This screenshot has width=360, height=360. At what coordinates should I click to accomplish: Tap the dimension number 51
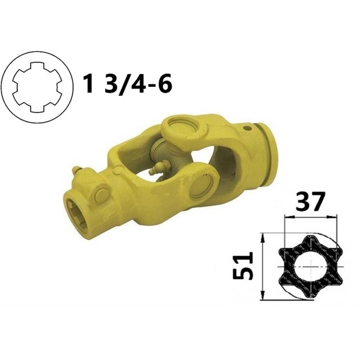point(243,265)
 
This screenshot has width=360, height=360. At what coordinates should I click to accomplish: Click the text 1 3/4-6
point(128,83)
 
